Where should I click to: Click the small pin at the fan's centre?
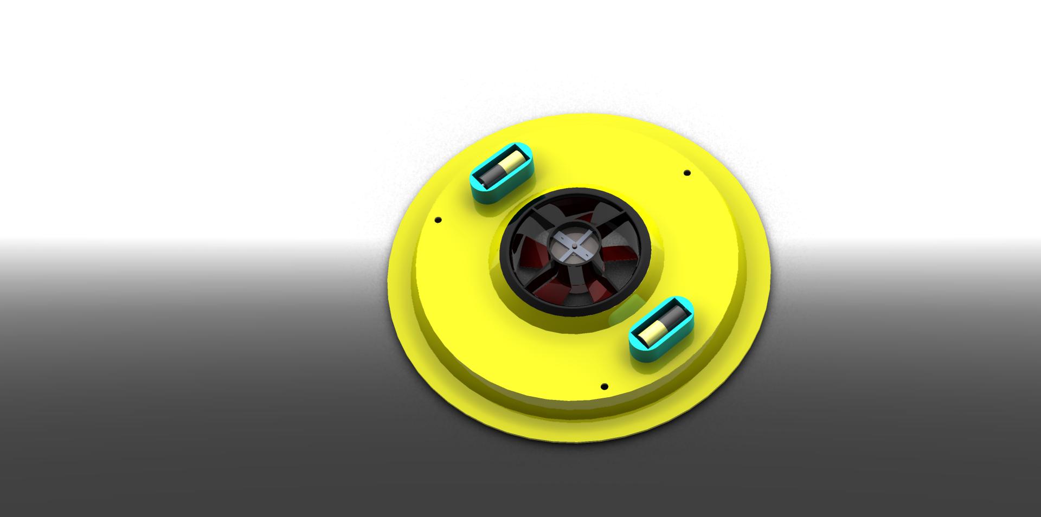pos(574,245)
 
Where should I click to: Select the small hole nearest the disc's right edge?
pos(687,173)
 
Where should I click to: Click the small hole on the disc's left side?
pos(438,220)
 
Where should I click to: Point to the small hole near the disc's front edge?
pos(605,386)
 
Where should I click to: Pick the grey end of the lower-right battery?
pos(672,315)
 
